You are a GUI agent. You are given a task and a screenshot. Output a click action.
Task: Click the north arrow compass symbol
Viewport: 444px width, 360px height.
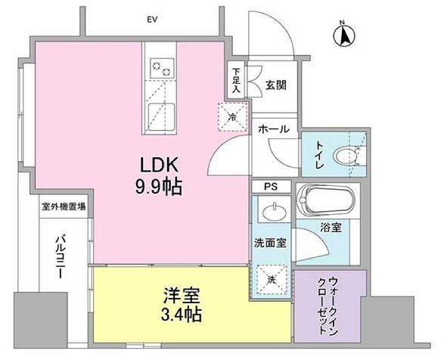click(345, 34)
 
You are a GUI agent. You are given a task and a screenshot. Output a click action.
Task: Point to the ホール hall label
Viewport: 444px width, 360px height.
click(272, 129)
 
